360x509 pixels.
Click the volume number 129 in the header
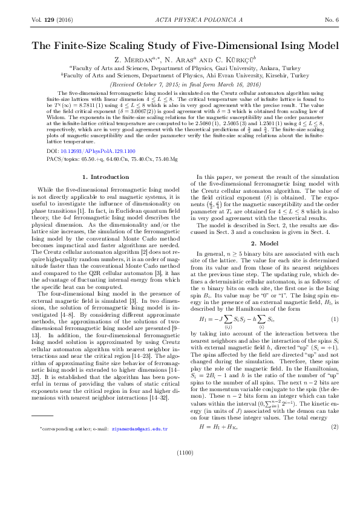click(x=48, y=20)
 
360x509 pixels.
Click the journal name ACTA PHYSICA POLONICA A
click(x=180, y=20)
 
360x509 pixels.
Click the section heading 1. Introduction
click(x=102, y=177)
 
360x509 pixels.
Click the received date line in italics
click(x=180, y=85)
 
